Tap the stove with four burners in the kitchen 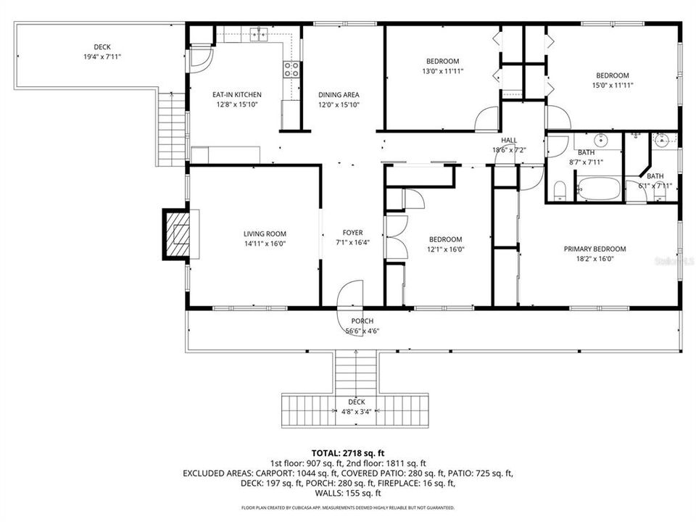(x=291, y=70)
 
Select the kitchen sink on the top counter (x=258, y=33)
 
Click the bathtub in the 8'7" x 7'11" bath (x=599, y=189)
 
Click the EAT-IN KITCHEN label (x=236, y=94)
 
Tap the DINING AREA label (x=339, y=94)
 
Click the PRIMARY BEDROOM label (x=594, y=249)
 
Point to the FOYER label (x=352, y=233)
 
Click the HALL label (x=508, y=141)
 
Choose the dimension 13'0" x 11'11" (x=442, y=71)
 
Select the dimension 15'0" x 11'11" (x=612, y=85)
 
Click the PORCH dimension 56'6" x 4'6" (x=362, y=331)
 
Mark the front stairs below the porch (x=356, y=373)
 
